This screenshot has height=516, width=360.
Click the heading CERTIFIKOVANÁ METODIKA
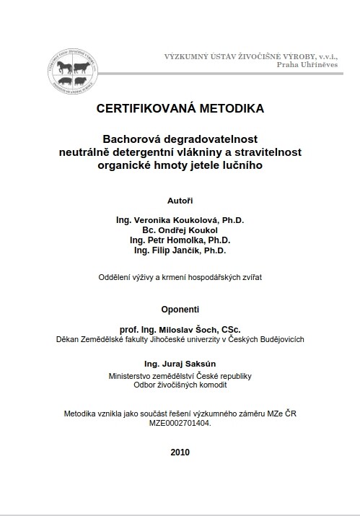180,109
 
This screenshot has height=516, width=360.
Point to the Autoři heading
180,198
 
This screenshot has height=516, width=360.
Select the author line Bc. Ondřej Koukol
180,229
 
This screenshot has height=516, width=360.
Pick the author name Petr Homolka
180,240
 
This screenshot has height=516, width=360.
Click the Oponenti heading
180,309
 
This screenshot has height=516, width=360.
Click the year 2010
180,452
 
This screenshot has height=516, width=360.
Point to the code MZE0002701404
180,424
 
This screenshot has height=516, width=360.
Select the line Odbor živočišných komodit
180,385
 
